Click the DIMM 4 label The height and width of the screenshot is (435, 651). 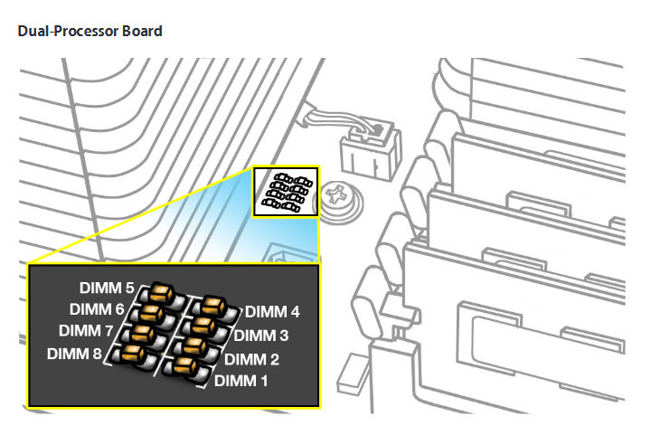click(272, 313)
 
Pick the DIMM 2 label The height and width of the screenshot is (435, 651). click(251, 359)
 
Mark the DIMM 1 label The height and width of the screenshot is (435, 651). click(241, 381)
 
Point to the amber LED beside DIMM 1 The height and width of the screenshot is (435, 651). click(183, 367)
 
